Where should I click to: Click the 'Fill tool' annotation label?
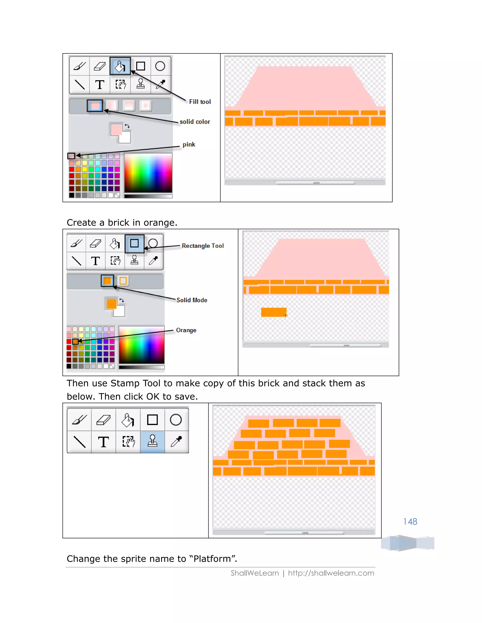pos(200,102)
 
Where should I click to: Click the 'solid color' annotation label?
pos(195,122)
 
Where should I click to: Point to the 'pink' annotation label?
pos(189,145)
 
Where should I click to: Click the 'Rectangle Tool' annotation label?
pos(203,246)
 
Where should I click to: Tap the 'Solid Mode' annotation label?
pos(192,300)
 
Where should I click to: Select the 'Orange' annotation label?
pos(186,330)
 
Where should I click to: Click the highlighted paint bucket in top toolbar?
pos(120,66)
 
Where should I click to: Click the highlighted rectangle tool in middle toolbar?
pos(134,243)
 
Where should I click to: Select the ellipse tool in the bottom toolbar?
pos(176,420)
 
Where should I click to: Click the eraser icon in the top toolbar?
pos(100,66)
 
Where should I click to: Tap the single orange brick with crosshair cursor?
pos(273,312)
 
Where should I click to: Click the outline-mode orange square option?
pos(123,281)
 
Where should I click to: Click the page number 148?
pos(410,521)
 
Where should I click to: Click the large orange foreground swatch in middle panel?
pos(111,304)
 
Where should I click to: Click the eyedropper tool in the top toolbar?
pos(161,84)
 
